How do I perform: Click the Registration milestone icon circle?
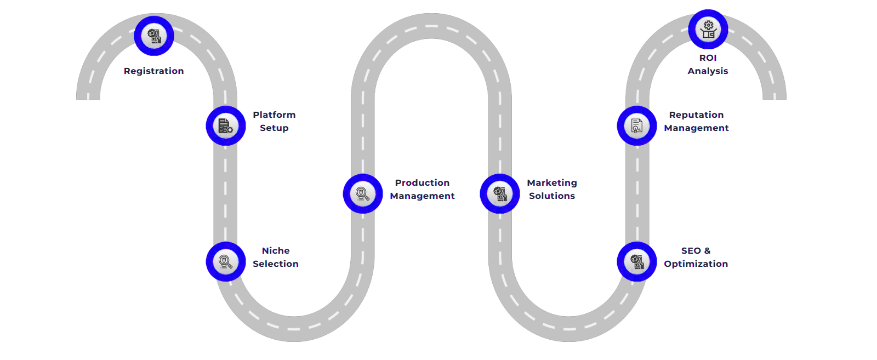pyautogui.click(x=154, y=36)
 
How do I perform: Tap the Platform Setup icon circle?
pyautogui.click(x=226, y=126)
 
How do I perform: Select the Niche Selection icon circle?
pyautogui.click(x=226, y=262)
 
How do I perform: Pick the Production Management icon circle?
pyautogui.click(x=363, y=194)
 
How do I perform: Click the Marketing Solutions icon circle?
pyautogui.click(x=500, y=194)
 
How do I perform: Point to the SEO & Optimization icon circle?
pyautogui.click(x=637, y=262)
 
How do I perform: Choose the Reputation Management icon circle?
pyautogui.click(x=637, y=126)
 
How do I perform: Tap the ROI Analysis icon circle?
pyautogui.click(x=708, y=30)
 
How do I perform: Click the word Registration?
pyautogui.click(x=154, y=71)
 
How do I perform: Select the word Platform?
pyautogui.click(x=274, y=115)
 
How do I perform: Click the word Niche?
pyautogui.click(x=276, y=251)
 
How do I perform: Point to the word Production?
pyautogui.click(x=422, y=183)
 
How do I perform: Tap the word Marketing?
pyautogui.click(x=552, y=183)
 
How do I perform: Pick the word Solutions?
pyautogui.click(x=552, y=196)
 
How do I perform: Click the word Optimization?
pyautogui.click(x=696, y=264)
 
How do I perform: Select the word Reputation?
pyautogui.click(x=696, y=115)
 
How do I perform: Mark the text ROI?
pyautogui.click(x=708, y=58)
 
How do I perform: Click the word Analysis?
pyautogui.click(x=708, y=71)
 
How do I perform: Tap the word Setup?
pyautogui.click(x=274, y=128)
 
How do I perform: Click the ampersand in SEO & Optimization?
pyautogui.click(x=708, y=251)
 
